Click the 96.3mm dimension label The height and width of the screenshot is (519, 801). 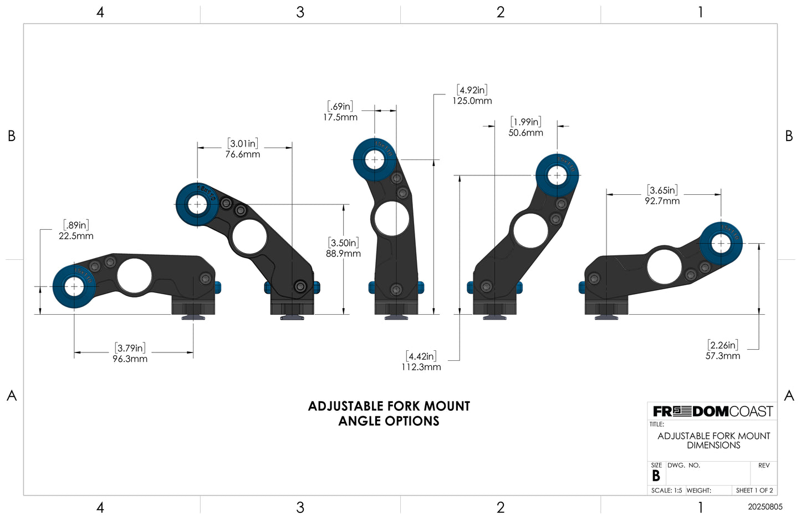130,359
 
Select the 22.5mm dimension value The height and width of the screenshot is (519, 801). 76,236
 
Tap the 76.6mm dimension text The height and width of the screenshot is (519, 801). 242,154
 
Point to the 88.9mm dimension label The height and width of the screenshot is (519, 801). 343,254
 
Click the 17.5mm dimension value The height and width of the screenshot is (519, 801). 340,117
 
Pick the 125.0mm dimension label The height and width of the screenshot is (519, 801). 472,101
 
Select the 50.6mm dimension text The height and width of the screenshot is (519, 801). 526,133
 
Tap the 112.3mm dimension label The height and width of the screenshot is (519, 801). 421,367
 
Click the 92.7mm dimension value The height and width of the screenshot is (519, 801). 662,201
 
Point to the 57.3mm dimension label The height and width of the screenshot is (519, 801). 722,356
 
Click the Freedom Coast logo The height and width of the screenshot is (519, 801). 712,411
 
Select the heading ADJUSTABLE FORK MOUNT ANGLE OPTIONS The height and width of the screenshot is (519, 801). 389,414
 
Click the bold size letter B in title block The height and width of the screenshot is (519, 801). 656,476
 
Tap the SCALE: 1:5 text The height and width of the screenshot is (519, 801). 666,490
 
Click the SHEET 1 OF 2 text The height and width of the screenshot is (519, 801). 754,490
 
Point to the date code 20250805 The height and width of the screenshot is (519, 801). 765,507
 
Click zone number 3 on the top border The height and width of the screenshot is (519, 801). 300,12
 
